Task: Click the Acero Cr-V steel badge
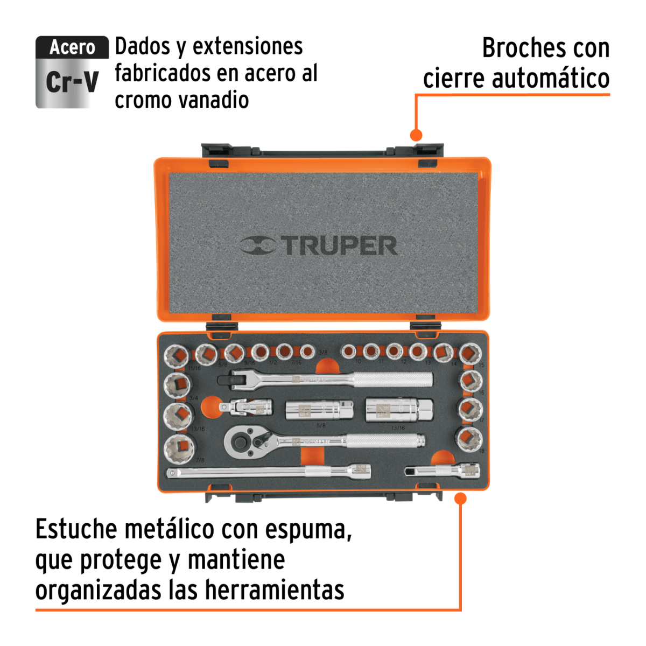[72, 72]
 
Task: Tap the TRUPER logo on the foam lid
[319, 245]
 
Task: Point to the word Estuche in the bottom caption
[76, 529]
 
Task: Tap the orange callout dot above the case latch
[416, 135]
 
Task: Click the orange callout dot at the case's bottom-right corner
[460, 498]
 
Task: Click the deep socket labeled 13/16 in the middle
[398, 411]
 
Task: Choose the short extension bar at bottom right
[441, 471]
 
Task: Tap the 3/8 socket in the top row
[307, 352]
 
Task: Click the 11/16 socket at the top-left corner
[177, 356]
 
